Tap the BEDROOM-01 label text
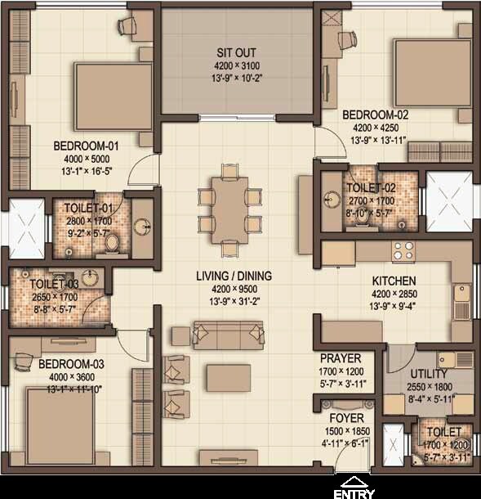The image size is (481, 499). pos(86,146)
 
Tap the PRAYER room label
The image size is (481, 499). pos(341,358)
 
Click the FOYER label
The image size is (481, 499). pos(341,418)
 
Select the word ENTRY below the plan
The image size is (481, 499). pos(354,493)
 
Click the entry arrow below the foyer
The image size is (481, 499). pos(354,481)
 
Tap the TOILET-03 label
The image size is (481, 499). pos(53,284)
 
